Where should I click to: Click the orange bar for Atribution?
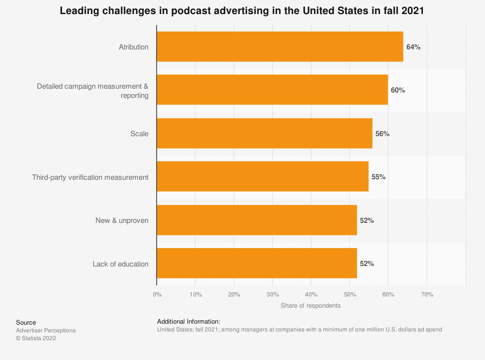point(280,47)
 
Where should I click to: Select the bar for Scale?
point(264,133)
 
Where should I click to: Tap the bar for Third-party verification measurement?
point(262,177)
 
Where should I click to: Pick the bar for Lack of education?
point(257,264)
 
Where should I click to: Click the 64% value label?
point(413,47)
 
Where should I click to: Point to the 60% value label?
point(398,90)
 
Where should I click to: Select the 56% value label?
point(382,134)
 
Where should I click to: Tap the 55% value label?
point(378,177)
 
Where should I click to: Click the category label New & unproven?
point(122,220)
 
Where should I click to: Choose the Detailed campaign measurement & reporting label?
point(93,91)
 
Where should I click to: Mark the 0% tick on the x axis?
point(157,295)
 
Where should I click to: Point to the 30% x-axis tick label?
point(273,295)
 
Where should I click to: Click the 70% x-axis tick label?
point(427,295)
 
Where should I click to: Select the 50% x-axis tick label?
point(350,295)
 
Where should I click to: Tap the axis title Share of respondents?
point(310,306)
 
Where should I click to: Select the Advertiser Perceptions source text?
point(46,330)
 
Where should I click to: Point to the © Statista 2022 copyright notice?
point(36,338)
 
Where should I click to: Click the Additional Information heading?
point(189,321)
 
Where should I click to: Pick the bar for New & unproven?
point(257,220)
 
